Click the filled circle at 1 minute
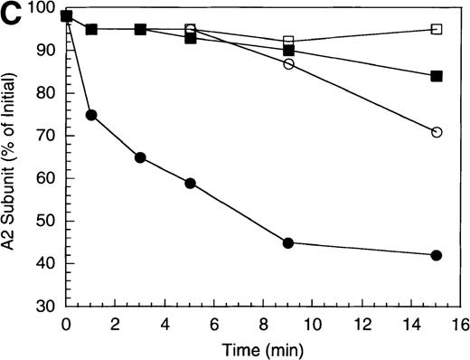pyautogui.click(x=91, y=115)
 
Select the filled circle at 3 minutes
pyautogui.click(x=140, y=157)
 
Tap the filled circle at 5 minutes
pyautogui.click(x=190, y=183)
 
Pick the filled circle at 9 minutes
pyautogui.click(x=288, y=242)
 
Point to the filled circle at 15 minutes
pyautogui.click(x=437, y=255)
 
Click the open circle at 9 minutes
pyautogui.click(x=288, y=64)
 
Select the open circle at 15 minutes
pyautogui.click(x=437, y=132)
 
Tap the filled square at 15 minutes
pyautogui.click(x=437, y=77)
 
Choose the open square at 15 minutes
pyautogui.click(x=437, y=29)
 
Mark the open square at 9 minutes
pyautogui.click(x=288, y=42)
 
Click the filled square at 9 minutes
pyautogui.click(x=288, y=51)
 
